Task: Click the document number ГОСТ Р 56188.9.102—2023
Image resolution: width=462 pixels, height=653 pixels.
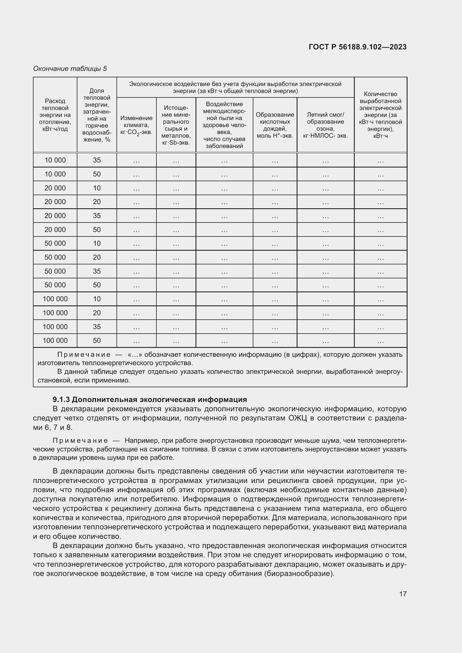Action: [357, 47]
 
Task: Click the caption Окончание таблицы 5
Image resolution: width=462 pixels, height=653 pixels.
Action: [70, 69]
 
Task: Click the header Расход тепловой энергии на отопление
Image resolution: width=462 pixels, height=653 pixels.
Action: [55, 115]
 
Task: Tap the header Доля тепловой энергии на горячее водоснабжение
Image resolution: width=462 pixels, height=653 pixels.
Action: [97, 115]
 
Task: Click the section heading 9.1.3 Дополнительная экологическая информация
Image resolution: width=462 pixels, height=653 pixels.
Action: [150, 399]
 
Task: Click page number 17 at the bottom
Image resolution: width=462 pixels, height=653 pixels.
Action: [403, 594]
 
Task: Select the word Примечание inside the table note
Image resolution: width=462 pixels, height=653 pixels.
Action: [84, 355]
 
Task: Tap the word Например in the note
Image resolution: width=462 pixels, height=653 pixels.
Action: [141, 441]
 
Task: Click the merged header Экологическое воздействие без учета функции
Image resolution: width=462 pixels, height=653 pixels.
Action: [235, 87]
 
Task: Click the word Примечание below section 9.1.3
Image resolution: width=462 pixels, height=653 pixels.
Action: [80, 441]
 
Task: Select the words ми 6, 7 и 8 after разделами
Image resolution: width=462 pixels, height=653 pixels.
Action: [53, 427]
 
